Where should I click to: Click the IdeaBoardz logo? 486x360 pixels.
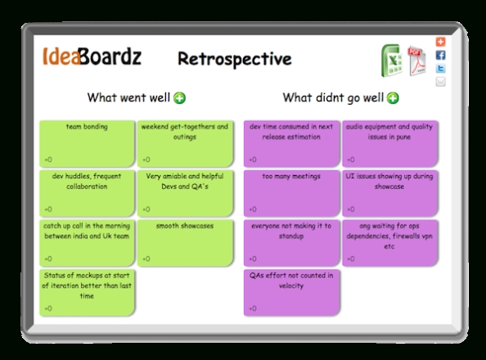pos(92,56)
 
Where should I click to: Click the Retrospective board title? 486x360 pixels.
pos(235,59)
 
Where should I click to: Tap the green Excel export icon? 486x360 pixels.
pos(392,61)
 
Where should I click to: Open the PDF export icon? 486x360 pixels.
pos(417,61)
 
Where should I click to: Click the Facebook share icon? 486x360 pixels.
pos(440,55)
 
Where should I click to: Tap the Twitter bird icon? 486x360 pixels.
pos(440,69)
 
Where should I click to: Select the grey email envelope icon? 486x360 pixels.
pos(440,82)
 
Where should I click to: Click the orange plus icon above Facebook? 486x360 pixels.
pos(440,42)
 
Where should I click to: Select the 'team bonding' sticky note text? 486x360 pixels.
pos(87,127)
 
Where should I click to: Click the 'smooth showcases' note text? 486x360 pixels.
pos(185,226)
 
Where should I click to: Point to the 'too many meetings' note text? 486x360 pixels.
pos(291,177)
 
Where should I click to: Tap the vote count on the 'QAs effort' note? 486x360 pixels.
pos(253,308)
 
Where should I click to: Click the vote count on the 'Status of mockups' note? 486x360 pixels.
pos(48,308)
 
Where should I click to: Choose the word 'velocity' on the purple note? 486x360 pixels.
pos(291,286)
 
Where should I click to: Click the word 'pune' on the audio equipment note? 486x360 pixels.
pos(403,137)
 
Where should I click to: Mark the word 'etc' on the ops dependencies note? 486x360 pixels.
pos(389,247)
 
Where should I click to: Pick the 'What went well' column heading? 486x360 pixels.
pos(128,97)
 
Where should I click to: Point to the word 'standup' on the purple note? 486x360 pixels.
pos(291,236)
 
